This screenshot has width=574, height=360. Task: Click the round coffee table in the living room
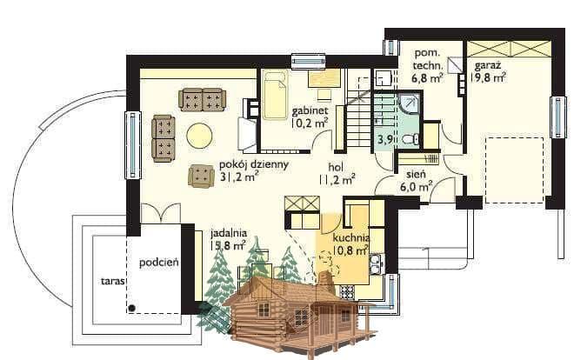(x=199, y=136)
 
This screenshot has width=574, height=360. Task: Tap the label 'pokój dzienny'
(x=254, y=164)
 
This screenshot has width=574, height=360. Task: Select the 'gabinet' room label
(x=310, y=110)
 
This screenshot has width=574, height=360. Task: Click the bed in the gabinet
(x=275, y=95)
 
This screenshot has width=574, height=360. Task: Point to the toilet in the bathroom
(x=411, y=139)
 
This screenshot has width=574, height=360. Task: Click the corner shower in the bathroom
(x=409, y=103)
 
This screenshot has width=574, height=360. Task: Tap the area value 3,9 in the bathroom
(x=384, y=139)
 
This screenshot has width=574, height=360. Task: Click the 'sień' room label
(x=416, y=174)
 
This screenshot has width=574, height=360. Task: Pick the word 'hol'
(x=336, y=167)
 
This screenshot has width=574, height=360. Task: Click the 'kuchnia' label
(x=350, y=237)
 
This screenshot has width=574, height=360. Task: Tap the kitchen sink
(x=376, y=263)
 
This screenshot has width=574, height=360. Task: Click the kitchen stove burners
(x=347, y=292)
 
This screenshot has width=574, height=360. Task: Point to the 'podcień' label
(x=159, y=263)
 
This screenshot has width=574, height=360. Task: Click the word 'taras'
(x=113, y=281)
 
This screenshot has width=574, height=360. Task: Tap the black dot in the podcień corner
(x=132, y=309)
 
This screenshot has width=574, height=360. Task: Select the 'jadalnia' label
(x=229, y=233)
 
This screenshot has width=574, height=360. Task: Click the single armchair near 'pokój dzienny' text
(x=201, y=177)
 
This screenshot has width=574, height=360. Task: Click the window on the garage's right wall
(x=558, y=117)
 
